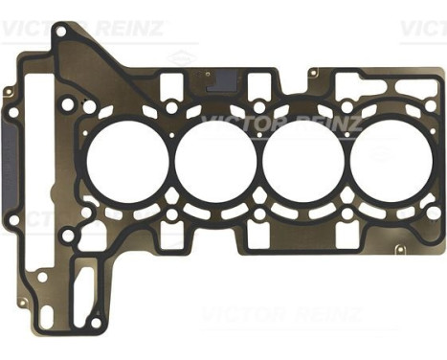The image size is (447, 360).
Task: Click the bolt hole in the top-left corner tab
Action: point(60,32)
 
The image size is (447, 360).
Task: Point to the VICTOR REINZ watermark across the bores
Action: point(278,123)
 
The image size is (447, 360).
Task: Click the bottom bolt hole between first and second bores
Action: point(168,206)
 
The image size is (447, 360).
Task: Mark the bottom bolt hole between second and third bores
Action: point(257,206)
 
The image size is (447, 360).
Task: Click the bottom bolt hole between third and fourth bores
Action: point(346,206)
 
